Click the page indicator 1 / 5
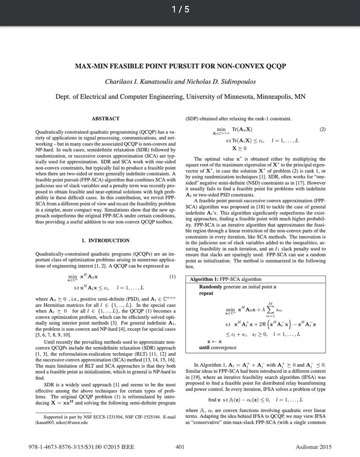click(180, 9)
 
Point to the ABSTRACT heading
click(105, 119)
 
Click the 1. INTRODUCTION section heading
click(105, 240)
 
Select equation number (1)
click(172, 277)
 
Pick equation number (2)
click(322, 129)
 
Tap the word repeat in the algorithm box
click(206, 293)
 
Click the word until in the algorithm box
click(205, 347)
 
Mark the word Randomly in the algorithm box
click(211, 287)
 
